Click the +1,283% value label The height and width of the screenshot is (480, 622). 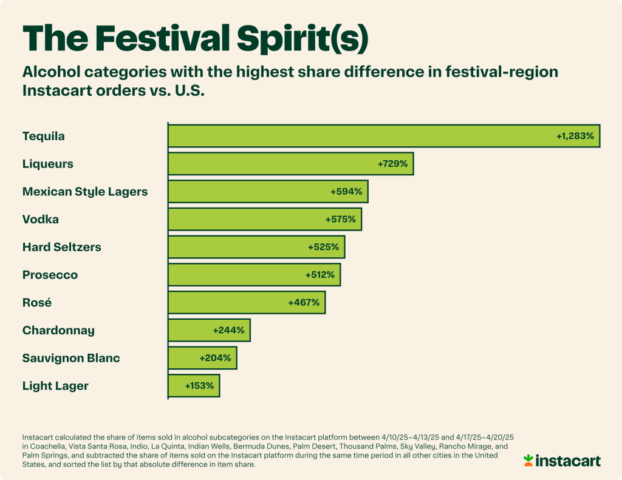tap(575, 136)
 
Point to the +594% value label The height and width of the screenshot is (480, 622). tap(346, 191)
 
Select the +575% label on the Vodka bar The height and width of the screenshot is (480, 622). tap(341, 219)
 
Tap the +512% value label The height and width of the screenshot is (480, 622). tap(320, 275)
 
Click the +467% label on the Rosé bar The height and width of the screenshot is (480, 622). tap(304, 302)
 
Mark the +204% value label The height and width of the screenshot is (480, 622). tap(215, 358)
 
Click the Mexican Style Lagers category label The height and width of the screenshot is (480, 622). tap(85, 192)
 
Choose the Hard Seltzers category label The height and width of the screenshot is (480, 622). tap(62, 247)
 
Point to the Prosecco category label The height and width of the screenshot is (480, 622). tap(50, 275)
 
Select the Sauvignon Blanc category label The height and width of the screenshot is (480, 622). tap(71, 358)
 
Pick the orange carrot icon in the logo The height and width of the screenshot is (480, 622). tap(528, 460)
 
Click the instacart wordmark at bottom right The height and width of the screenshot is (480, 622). tap(568, 461)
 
